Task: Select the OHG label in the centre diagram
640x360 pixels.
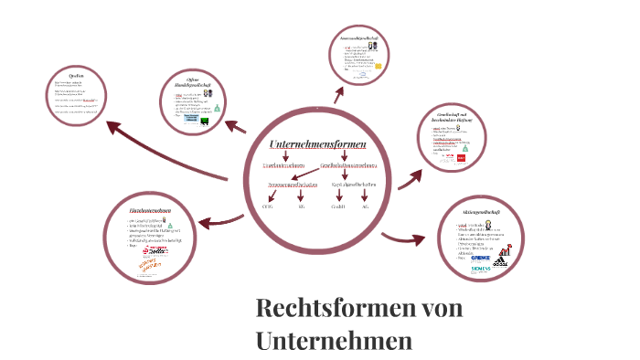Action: [268, 207]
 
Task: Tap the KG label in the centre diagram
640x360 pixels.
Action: [301, 207]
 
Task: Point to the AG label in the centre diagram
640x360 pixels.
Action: [366, 207]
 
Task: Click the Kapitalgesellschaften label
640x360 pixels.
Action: [349, 185]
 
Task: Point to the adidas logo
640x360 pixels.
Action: [499, 260]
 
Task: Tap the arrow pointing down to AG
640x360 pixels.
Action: [366, 196]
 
